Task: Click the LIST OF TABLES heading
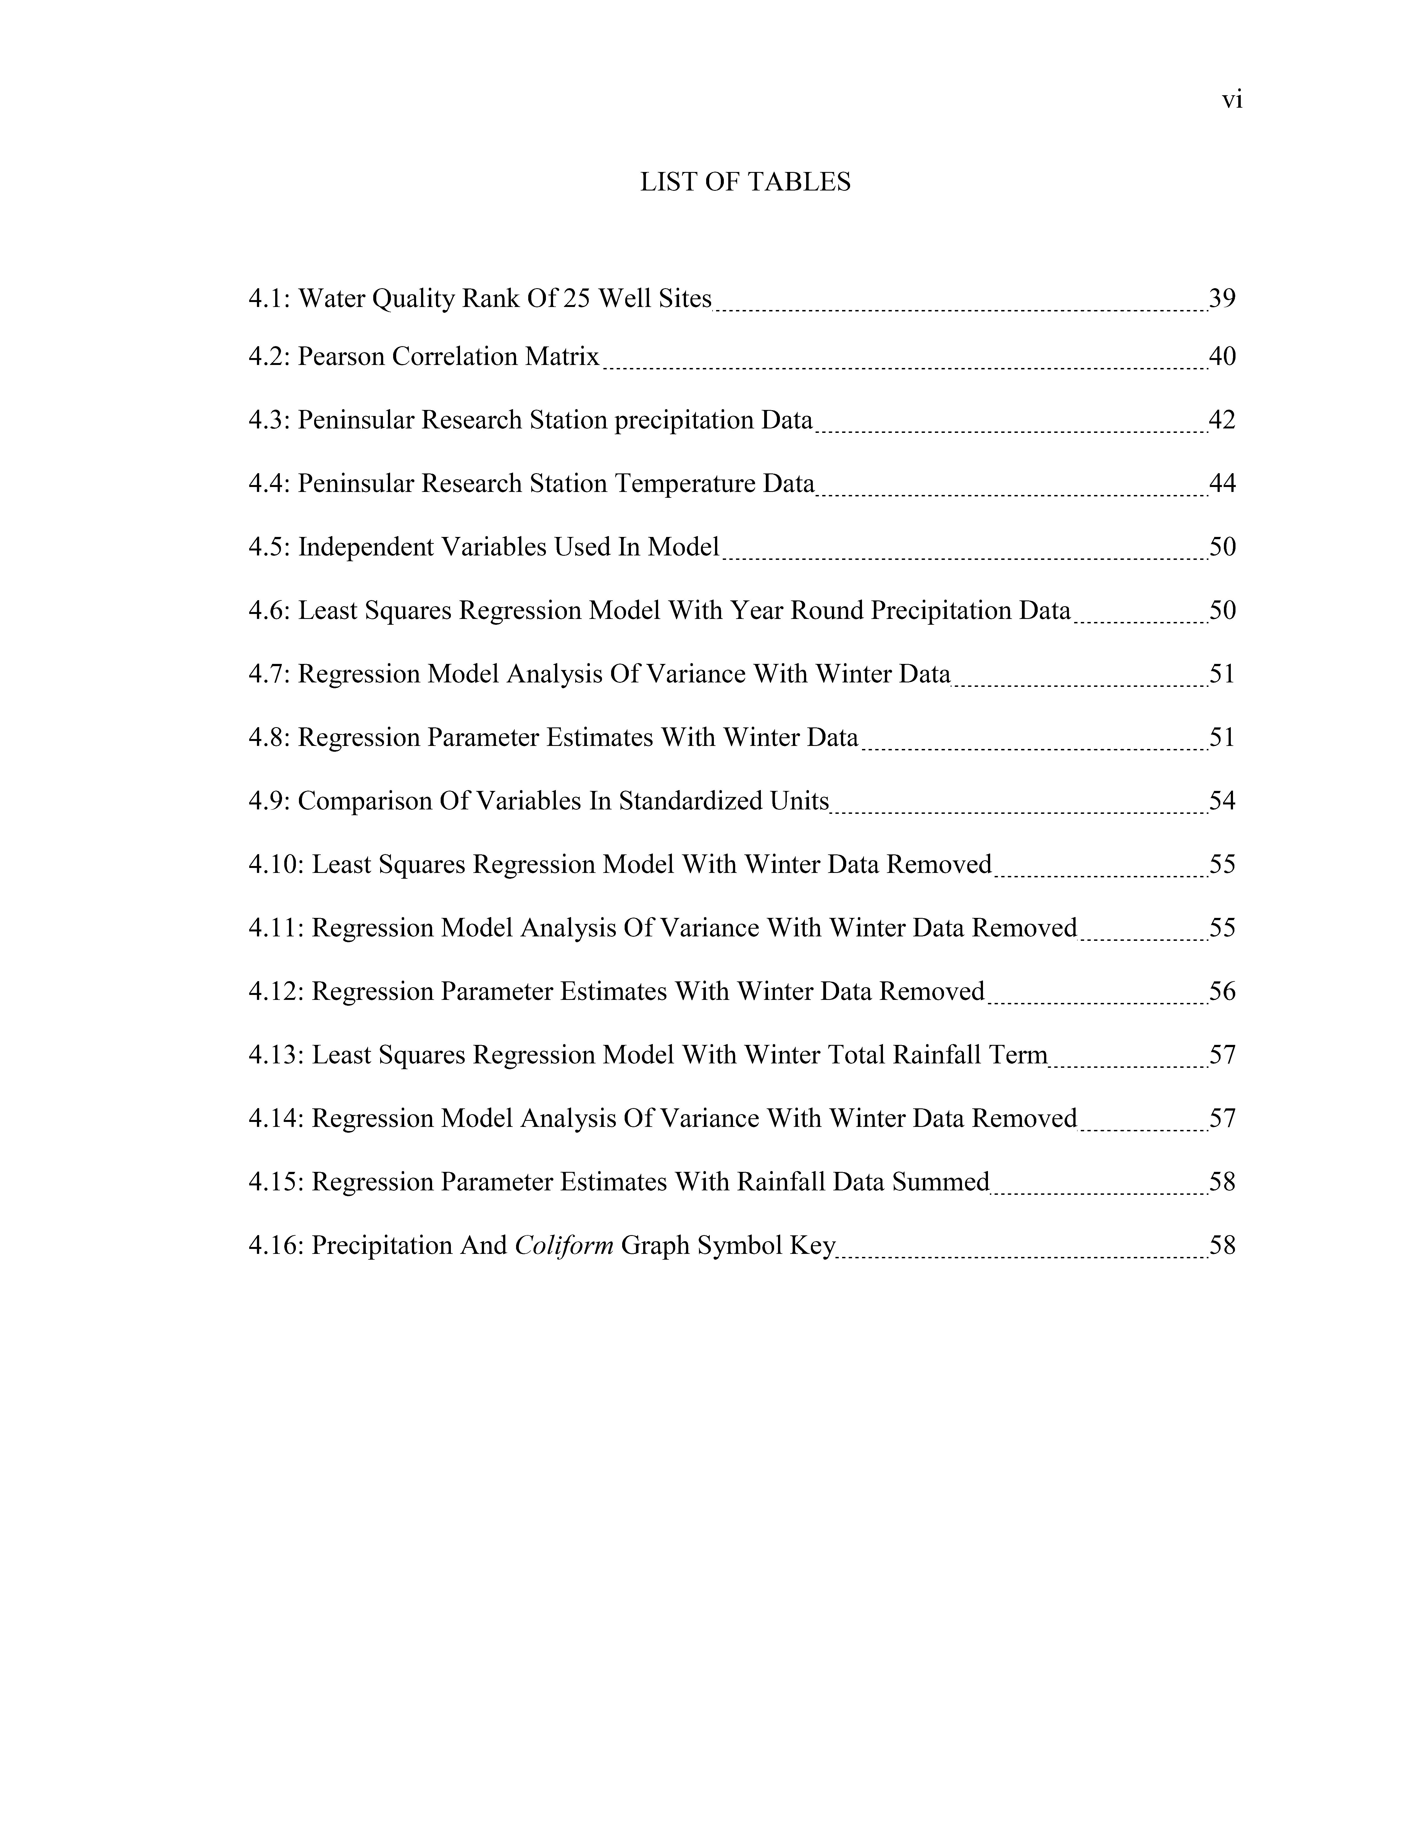745,182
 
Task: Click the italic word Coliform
564,1246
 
